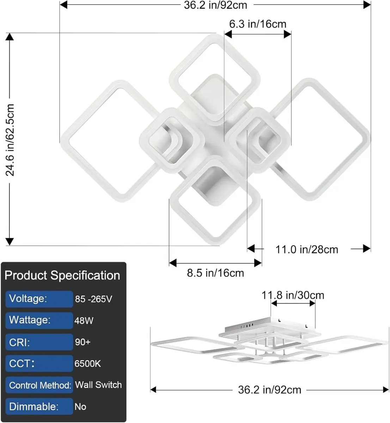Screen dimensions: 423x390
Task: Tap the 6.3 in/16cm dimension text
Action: pyautogui.click(x=258, y=24)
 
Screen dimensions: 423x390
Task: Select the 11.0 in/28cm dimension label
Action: pyautogui.click(x=306, y=250)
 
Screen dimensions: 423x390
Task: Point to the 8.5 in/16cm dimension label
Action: pyautogui.click(x=215, y=273)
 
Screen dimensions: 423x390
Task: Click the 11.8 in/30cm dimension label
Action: pyautogui.click(x=293, y=295)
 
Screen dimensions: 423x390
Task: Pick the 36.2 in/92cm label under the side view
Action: pyautogui.click(x=270, y=390)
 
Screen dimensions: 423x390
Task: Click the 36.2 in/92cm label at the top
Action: pyautogui.click(x=215, y=5)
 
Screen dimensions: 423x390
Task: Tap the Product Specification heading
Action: pyautogui.click(x=62, y=275)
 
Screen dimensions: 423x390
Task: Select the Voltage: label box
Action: pyautogui.click(x=39, y=299)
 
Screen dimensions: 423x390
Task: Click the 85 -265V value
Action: pyautogui.click(x=93, y=299)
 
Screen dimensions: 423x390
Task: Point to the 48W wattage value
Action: pyautogui.click(x=84, y=321)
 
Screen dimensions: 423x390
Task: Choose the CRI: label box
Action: pyautogui.click(x=39, y=342)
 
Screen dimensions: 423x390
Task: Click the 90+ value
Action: pyautogui.click(x=83, y=342)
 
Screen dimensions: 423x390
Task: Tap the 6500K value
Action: pyautogui.click(x=87, y=364)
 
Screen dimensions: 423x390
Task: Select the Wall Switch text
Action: pyautogui.click(x=98, y=385)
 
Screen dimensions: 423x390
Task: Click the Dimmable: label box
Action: pyautogui.click(x=39, y=406)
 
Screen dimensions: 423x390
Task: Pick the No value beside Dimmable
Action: pyautogui.click(x=80, y=407)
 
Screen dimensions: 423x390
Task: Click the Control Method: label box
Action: pyautogui.click(x=39, y=385)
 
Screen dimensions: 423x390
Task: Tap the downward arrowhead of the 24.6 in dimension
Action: pyautogui.click(x=10, y=241)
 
